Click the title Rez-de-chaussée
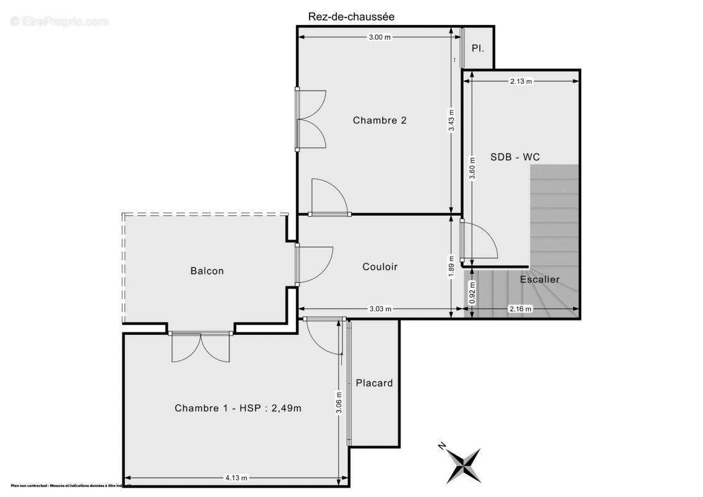pyautogui.click(x=351, y=17)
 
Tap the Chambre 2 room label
pyautogui.click(x=380, y=121)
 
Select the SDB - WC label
pyautogui.click(x=515, y=157)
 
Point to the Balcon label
pyautogui.click(x=207, y=271)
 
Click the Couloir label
pyautogui.click(x=380, y=267)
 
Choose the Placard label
pyautogui.click(x=374, y=383)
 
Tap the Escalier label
pyautogui.click(x=540, y=280)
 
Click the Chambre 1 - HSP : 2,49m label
pyautogui.click(x=238, y=408)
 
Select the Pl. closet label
pyautogui.click(x=477, y=48)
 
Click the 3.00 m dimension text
pyautogui.click(x=380, y=37)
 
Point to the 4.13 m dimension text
pyautogui.click(x=236, y=478)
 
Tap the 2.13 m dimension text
pyautogui.click(x=521, y=81)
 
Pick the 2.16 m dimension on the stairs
pyautogui.click(x=521, y=309)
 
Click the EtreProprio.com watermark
pyautogui.click(x=60, y=21)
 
